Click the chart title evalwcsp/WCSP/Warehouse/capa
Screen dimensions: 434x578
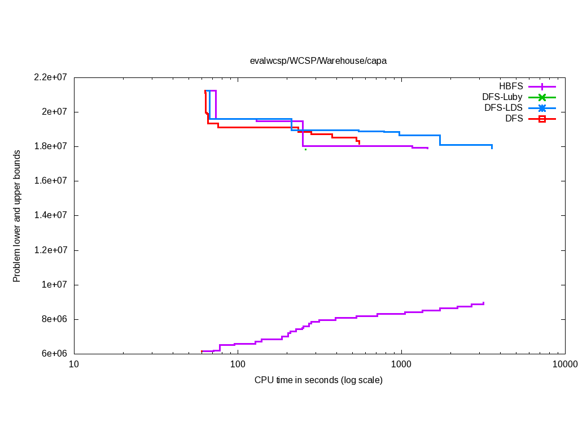coord(318,60)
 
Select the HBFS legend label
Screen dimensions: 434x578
coord(511,86)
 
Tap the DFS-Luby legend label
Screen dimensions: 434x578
coord(502,97)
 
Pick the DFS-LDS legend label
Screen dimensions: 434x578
coord(503,108)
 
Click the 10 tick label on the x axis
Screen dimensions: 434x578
coord(74,364)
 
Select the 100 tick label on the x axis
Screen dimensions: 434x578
coord(238,364)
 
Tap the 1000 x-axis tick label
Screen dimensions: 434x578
coord(401,364)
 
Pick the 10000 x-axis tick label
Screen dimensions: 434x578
coord(564,364)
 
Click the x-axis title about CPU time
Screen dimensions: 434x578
coord(318,380)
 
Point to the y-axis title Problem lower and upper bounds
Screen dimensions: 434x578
coord(17,216)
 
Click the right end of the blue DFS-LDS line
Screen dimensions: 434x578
coord(492,148)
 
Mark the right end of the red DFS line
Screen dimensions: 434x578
coord(359,144)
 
